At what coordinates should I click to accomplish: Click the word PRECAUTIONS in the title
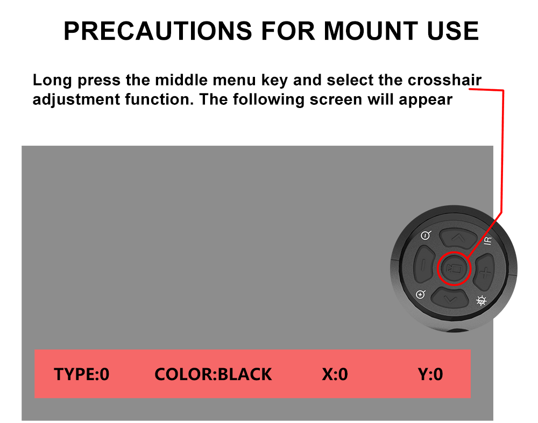(158, 31)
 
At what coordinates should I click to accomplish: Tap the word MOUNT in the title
(371, 31)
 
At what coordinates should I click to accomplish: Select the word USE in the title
(453, 31)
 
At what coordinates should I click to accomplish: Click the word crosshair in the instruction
(445, 80)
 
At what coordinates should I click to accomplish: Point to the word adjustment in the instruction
(76, 100)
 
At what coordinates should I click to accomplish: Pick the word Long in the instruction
(52, 81)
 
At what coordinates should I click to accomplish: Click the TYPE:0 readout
(82, 374)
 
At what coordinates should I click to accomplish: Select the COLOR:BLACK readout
(213, 374)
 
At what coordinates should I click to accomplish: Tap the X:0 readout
(335, 374)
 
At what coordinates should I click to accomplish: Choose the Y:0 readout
(430, 374)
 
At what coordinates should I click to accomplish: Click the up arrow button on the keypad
(458, 238)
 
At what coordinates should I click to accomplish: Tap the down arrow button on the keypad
(450, 298)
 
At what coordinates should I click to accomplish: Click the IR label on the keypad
(487, 241)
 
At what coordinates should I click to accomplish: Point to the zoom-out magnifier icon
(426, 235)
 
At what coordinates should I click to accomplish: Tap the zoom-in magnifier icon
(421, 294)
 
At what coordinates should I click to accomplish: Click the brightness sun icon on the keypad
(482, 300)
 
